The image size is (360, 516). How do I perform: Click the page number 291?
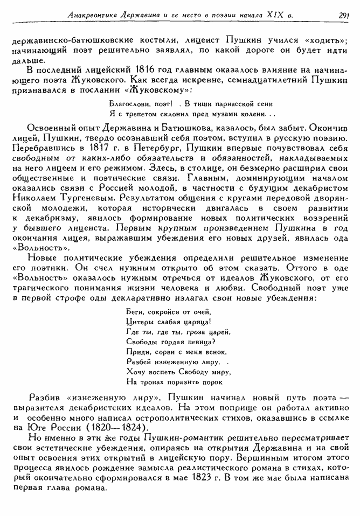tap(345, 15)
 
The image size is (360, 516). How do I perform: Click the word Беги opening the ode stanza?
tap(133, 312)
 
